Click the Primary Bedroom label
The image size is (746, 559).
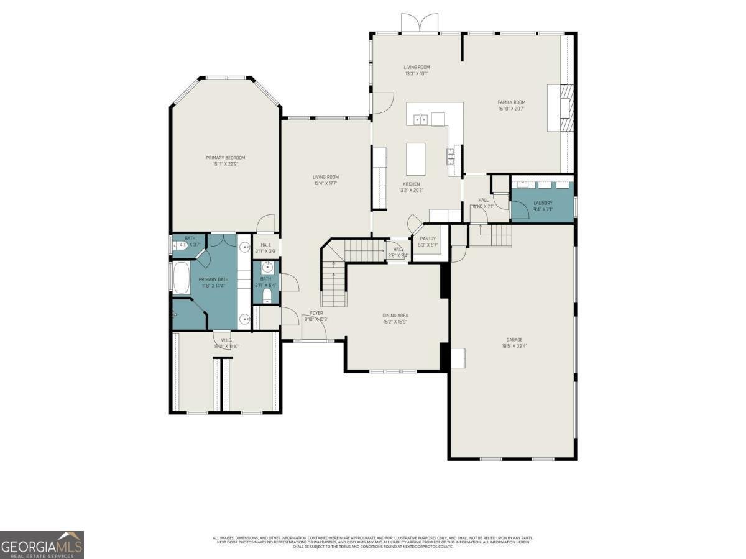click(x=225, y=157)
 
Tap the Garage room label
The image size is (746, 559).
click(x=513, y=340)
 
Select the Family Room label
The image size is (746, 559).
click(x=511, y=102)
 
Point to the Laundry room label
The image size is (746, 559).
click(x=542, y=203)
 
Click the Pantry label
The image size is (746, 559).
click(x=428, y=239)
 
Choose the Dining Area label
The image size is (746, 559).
click(x=395, y=316)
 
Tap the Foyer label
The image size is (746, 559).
click(x=316, y=313)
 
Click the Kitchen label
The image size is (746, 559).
click(x=411, y=184)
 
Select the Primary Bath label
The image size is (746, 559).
click(x=213, y=279)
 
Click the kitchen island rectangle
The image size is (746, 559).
click(x=415, y=159)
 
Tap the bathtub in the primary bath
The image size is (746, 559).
click(x=182, y=278)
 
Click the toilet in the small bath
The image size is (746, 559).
click(x=267, y=295)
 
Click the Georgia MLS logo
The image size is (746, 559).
click(x=42, y=545)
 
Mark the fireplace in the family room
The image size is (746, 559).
click(x=565, y=109)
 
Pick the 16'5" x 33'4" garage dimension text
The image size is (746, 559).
click(x=513, y=346)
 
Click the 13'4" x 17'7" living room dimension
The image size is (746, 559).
click(x=325, y=183)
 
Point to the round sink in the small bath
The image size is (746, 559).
click(x=267, y=268)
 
